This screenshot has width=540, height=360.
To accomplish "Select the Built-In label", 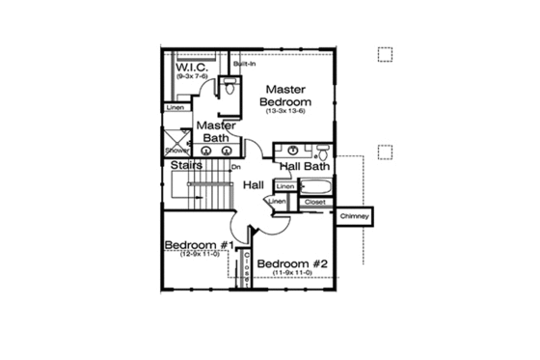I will tap(244, 65).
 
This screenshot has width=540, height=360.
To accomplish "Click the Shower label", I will tap(175, 152).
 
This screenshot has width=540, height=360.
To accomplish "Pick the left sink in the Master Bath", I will tap(202, 152).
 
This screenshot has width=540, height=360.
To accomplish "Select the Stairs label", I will tap(186, 166).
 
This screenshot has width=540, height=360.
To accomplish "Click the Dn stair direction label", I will tap(234, 167).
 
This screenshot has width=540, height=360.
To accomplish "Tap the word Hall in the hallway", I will tap(254, 184).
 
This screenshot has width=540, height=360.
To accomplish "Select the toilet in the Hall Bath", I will tap(324, 152).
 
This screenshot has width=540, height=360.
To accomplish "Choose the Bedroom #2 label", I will tap(294, 263).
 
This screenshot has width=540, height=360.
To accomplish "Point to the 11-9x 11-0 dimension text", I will tap(294, 275).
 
